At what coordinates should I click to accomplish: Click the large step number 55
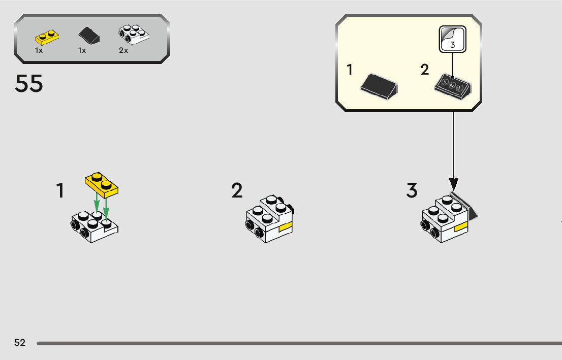29,84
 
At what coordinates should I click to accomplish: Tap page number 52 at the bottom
20,343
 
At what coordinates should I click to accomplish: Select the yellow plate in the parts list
47,37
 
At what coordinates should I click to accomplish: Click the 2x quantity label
123,51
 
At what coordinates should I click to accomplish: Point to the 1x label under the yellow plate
39,51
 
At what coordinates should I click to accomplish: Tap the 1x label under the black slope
82,51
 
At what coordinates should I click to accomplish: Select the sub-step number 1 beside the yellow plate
60,191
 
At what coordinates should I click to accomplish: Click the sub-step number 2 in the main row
237,191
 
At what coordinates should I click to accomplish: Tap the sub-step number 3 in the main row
412,191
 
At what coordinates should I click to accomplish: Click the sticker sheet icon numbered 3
452,39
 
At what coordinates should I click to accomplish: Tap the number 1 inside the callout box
350,70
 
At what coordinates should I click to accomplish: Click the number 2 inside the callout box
425,70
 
